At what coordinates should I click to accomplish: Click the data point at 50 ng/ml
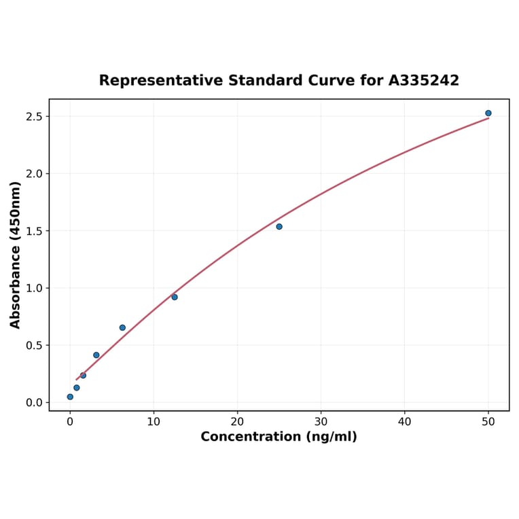(x=488, y=113)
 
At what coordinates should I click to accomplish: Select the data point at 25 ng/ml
(x=279, y=227)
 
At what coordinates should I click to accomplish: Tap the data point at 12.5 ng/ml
(x=175, y=297)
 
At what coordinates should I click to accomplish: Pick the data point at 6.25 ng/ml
(x=122, y=327)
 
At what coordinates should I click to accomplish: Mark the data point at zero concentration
(x=70, y=397)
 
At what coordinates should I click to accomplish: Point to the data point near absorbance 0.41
(x=96, y=355)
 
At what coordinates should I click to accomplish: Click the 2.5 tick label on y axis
(x=33, y=117)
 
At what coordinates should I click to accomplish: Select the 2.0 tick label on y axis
(x=33, y=174)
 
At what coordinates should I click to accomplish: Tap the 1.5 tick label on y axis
(x=33, y=231)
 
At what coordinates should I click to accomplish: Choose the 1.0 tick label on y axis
(x=33, y=288)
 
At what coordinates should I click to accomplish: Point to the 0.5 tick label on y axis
(x=33, y=345)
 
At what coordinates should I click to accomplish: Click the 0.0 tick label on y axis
(x=33, y=403)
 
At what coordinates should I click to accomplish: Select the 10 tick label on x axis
(x=154, y=421)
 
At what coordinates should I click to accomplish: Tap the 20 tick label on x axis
(x=237, y=421)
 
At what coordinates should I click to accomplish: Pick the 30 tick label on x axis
(x=321, y=421)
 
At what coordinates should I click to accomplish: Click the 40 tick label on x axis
(x=405, y=421)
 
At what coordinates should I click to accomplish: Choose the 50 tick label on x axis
(x=488, y=421)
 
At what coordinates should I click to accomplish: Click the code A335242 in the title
(x=423, y=80)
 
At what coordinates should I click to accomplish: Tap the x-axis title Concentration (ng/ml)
(x=279, y=437)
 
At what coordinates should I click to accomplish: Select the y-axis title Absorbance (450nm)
(x=16, y=255)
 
